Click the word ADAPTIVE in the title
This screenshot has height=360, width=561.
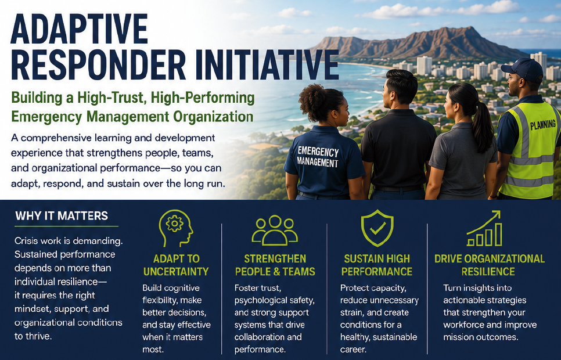pyautogui.click(x=79, y=29)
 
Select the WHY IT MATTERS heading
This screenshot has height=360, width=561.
pyautogui.click(x=62, y=216)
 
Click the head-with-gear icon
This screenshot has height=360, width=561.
pyautogui.click(x=175, y=228)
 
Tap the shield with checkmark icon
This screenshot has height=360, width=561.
pyautogui.click(x=377, y=228)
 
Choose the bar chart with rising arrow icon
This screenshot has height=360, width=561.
pyautogui.click(x=484, y=228)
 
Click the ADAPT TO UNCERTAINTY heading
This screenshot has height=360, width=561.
pyautogui.click(x=176, y=265)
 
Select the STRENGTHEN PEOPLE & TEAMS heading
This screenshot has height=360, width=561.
pyautogui.click(x=275, y=265)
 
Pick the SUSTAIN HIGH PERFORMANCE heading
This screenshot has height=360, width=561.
pyautogui.click(x=377, y=265)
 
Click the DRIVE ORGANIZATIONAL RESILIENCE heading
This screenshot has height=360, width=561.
pyautogui.click(x=489, y=265)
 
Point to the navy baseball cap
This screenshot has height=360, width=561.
pyautogui.click(x=523, y=69)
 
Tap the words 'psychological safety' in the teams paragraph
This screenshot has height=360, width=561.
pyautogui.click(x=275, y=300)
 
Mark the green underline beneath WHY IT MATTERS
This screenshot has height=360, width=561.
pyautogui.click(x=67, y=226)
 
